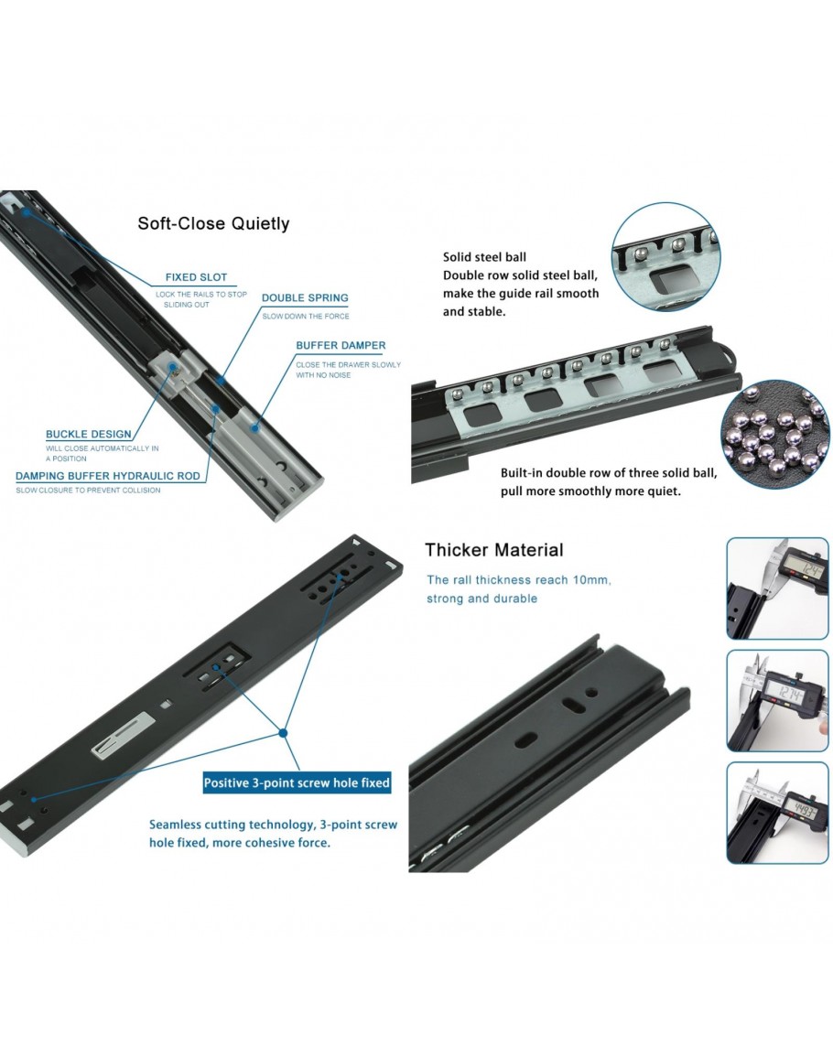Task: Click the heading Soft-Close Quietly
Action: (213, 224)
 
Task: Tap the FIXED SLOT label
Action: (196, 277)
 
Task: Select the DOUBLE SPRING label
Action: (305, 298)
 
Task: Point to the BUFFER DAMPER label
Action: (341, 345)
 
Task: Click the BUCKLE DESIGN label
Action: (89, 434)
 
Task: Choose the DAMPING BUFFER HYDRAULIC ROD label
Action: (108, 476)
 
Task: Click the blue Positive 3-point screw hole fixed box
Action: (297, 782)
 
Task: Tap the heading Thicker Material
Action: (493, 550)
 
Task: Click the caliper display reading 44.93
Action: (802, 810)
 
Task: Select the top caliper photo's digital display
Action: (806, 572)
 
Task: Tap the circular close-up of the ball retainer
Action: (665, 257)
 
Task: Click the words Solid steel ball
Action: (484, 257)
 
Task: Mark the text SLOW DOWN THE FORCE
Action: (306, 316)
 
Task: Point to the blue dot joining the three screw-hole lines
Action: (283, 732)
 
